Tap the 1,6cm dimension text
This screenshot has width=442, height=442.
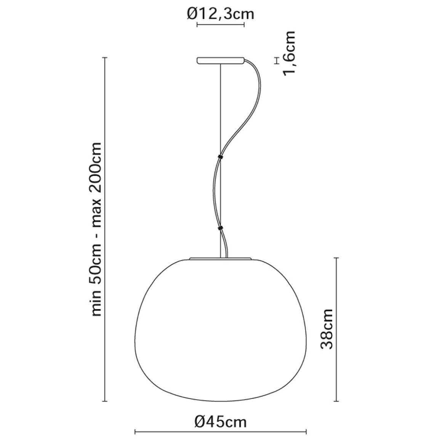tap(288, 54)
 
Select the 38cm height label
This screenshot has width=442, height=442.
tap(327, 329)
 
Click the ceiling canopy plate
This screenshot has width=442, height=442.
tap(220, 61)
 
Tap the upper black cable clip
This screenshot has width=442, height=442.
tap(220, 156)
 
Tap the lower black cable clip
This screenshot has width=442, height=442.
tap(220, 228)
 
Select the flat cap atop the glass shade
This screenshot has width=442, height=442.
tap(221, 258)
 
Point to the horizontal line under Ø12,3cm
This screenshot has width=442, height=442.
tap(220, 25)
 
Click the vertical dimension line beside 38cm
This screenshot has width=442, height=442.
tap(336, 329)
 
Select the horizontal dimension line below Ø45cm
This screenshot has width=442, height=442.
tap(221, 432)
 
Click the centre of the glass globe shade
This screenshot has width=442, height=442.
tap(221, 330)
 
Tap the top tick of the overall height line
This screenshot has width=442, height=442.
tap(105, 58)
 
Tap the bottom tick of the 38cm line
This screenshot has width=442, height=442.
tap(336, 401)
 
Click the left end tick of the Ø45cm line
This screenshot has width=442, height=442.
tap(135, 432)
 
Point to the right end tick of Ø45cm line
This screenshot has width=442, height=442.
tap(306, 432)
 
